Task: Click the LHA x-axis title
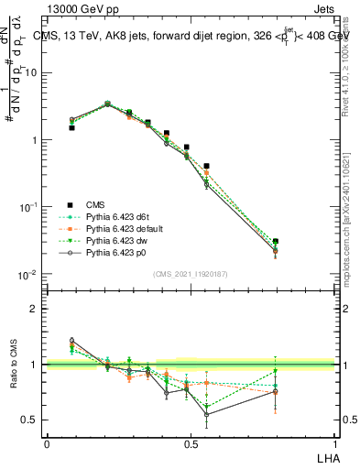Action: pos(328,456)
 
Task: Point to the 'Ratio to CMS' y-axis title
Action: pos(14,365)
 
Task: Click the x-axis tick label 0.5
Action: pos(191,443)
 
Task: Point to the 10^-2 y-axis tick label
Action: pos(30,275)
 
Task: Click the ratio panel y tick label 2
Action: pos(37,309)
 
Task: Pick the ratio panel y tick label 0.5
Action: pos(33,420)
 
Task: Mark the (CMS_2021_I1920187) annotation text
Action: pos(191,274)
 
